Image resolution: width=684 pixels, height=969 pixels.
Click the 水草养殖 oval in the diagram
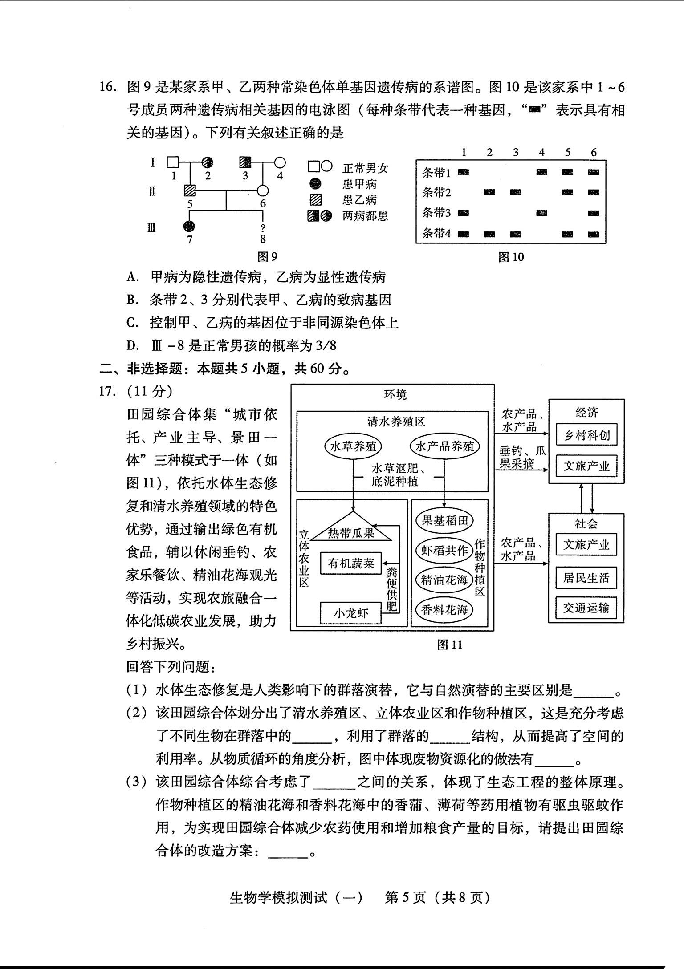(x=353, y=446)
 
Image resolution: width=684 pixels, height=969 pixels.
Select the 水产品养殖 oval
(x=445, y=446)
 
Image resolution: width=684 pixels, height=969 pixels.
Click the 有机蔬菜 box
(x=351, y=564)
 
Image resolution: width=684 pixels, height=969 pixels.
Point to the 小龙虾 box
(x=351, y=613)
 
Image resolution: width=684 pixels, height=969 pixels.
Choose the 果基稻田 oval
(x=444, y=520)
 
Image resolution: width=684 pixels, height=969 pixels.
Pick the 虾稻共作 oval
(x=444, y=551)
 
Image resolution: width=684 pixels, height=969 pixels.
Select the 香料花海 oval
(x=444, y=609)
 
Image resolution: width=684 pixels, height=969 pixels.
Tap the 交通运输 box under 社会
(x=586, y=608)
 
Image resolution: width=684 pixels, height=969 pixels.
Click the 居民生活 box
(x=586, y=578)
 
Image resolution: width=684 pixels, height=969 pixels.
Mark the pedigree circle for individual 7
(x=190, y=226)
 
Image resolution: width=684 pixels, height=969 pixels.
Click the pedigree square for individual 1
(x=174, y=162)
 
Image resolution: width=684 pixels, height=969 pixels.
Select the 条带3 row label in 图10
(x=436, y=213)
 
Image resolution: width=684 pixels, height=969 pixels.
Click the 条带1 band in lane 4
(x=541, y=172)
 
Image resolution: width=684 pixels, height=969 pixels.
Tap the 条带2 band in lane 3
(x=516, y=192)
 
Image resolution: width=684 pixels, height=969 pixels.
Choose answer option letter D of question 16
(x=132, y=345)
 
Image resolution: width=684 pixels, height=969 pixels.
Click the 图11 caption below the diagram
(x=450, y=645)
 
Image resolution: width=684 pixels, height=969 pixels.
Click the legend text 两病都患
(x=365, y=216)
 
